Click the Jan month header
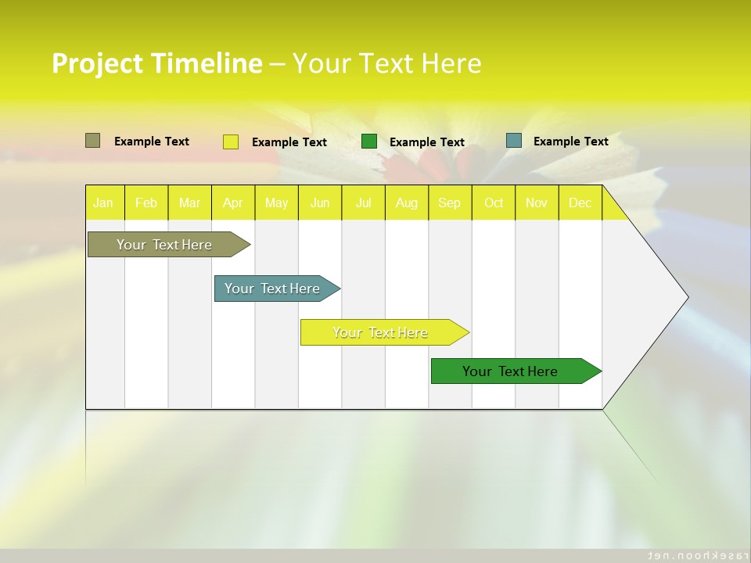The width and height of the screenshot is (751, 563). click(104, 203)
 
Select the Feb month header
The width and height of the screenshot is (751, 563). click(146, 203)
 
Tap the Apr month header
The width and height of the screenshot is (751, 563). click(233, 203)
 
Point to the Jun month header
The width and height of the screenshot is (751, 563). click(320, 203)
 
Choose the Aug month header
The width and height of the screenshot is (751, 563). click(407, 203)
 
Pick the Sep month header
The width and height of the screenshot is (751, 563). click(450, 203)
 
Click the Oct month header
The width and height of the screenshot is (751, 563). click(494, 203)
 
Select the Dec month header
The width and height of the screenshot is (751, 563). click(580, 203)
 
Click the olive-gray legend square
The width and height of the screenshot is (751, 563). click(93, 141)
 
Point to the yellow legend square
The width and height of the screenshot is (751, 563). click(231, 142)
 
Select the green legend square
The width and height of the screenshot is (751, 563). click(369, 142)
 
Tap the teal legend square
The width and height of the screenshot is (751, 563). click(514, 141)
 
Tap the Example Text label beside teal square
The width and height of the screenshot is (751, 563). click(570, 141)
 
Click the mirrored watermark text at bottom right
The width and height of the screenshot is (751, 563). click(693, 554)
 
